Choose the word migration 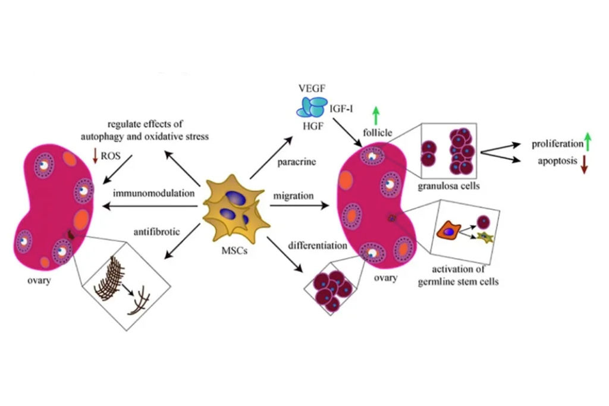tap(294, 196)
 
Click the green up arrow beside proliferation tap(588, 143)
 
